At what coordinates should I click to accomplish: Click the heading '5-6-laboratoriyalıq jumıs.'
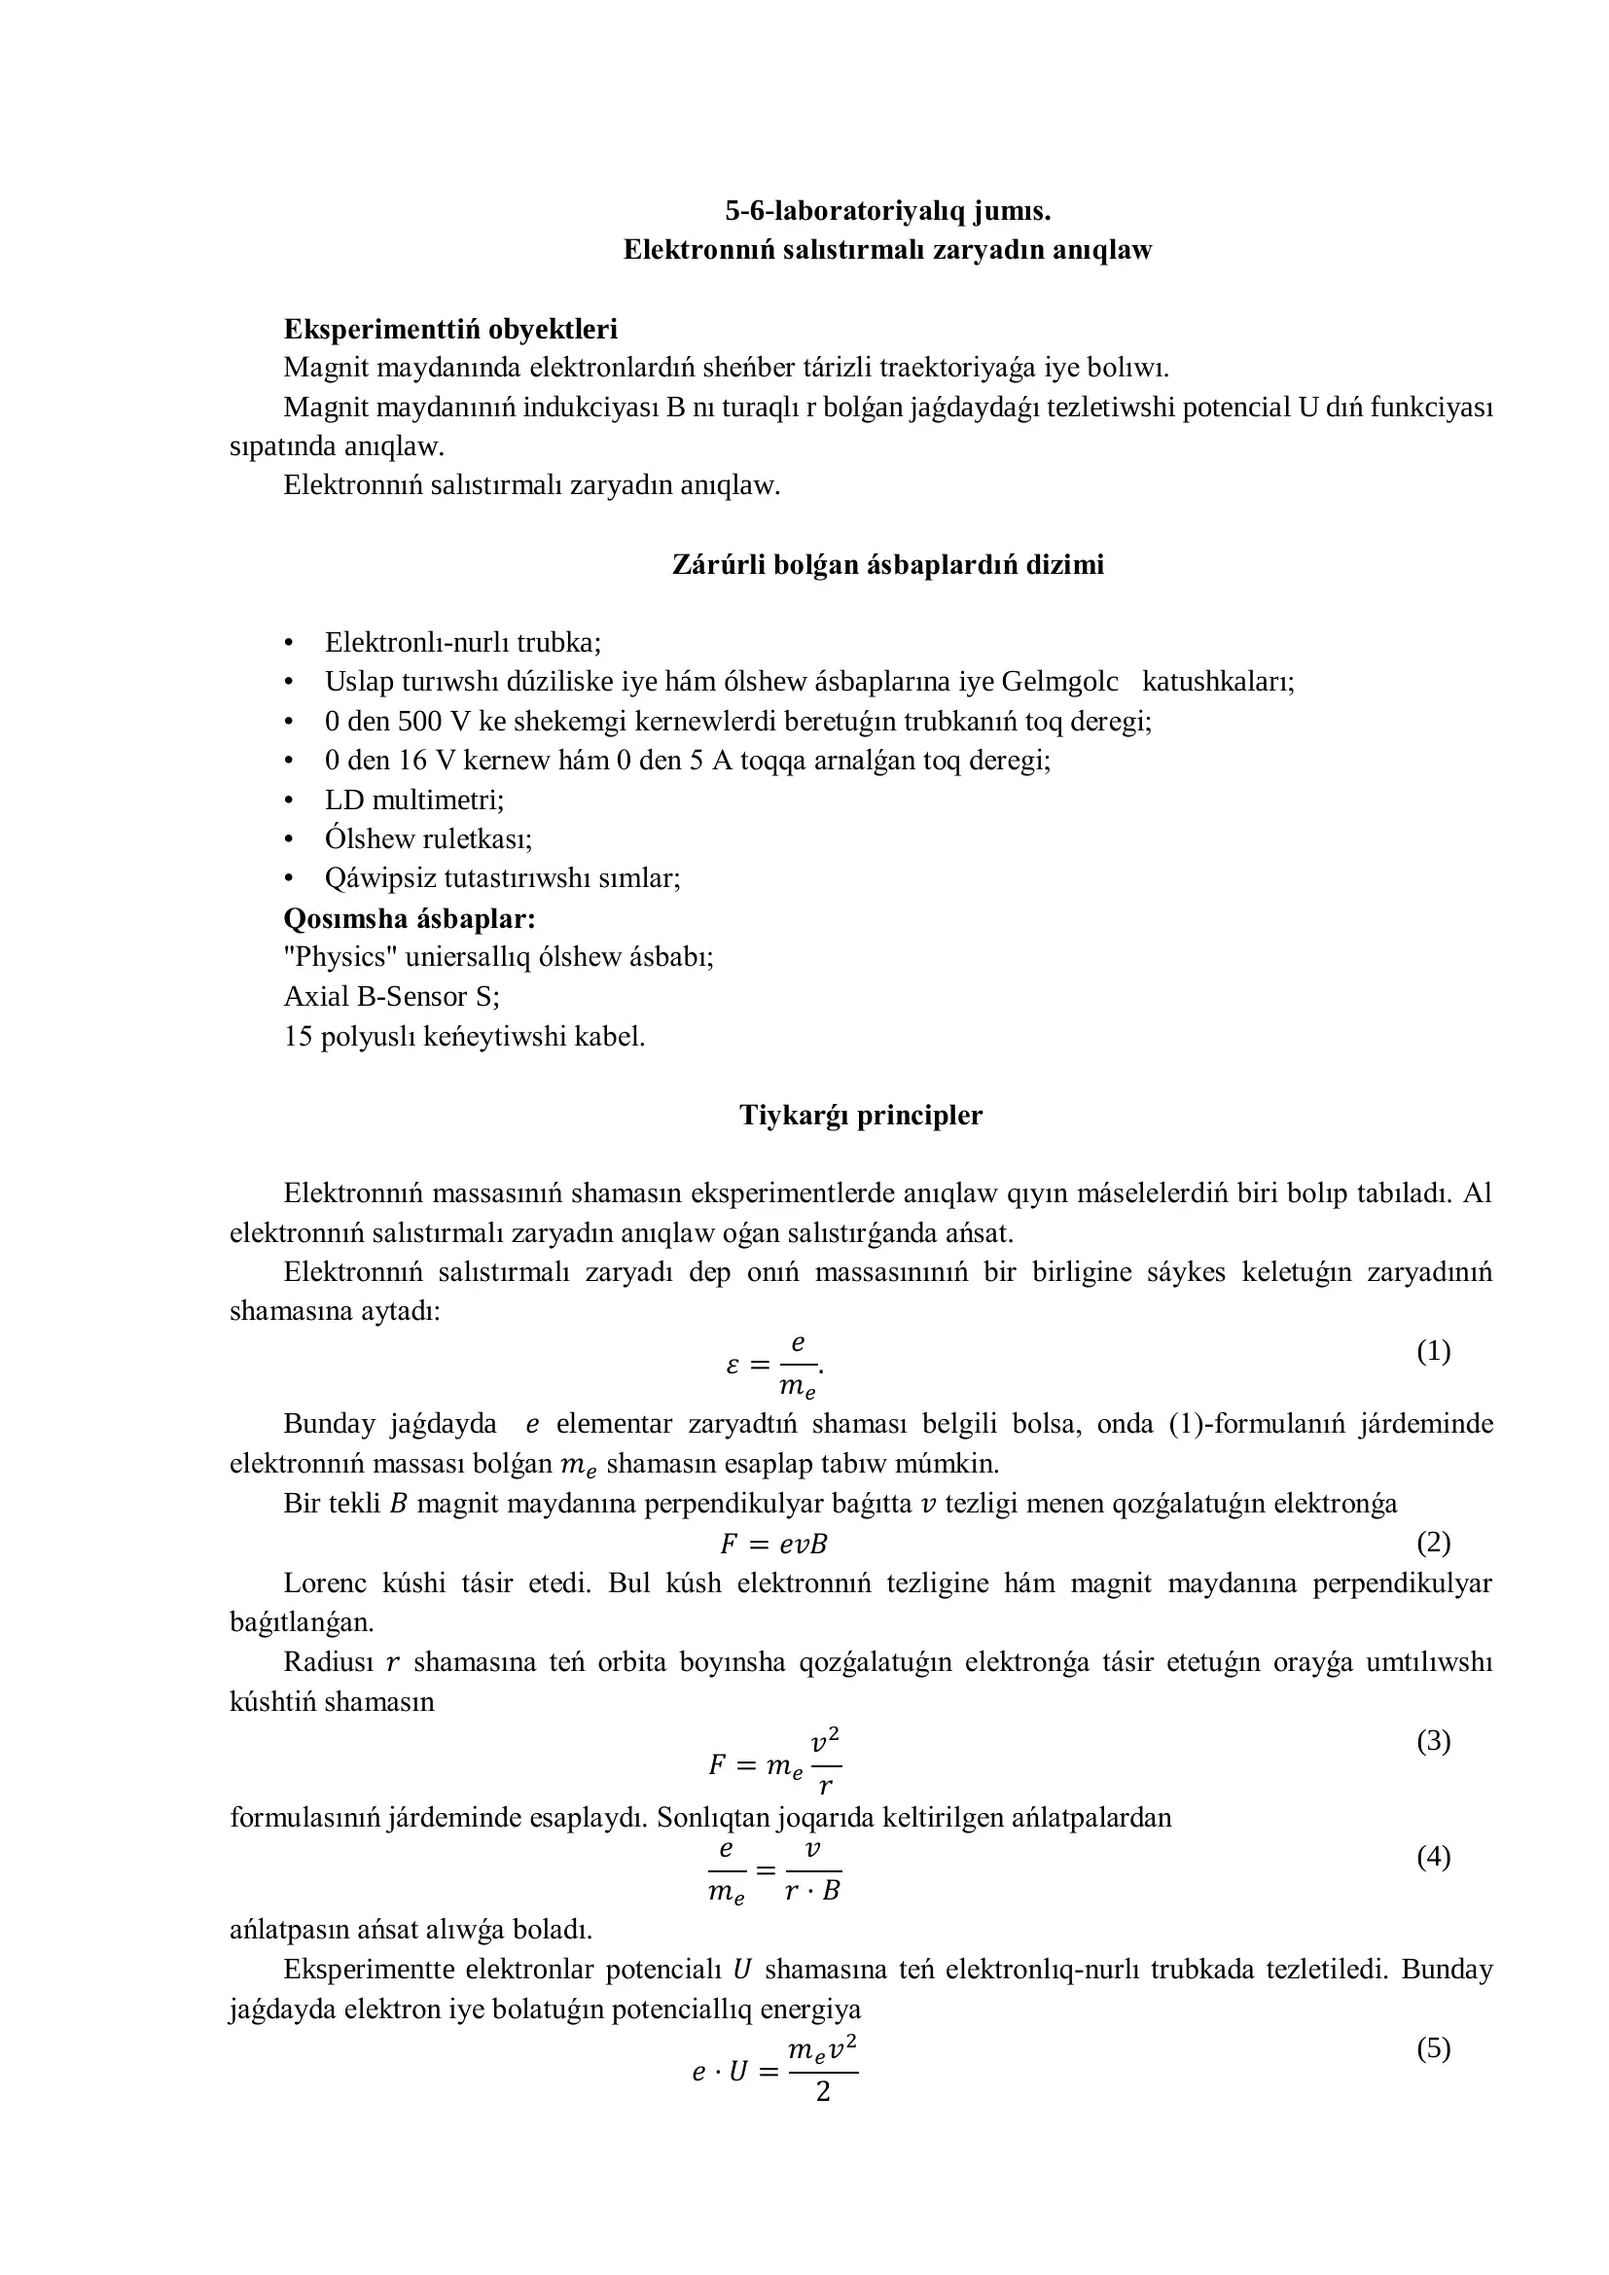pyautogui.click(x=887, y=211)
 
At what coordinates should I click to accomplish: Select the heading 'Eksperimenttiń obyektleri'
pyautogui.click(x=450, y=329)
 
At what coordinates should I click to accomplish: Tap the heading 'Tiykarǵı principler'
pyautogui.click(x=860, y=1116)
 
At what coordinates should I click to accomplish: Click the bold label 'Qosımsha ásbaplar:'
pyautogui.click(x=410, y=918)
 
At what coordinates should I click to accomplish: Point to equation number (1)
pyautogui.click(x=1433, y=1351)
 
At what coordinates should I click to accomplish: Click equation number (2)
pyautogui.click(x=1433, y=1542)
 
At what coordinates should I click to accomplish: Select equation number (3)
pyautogui.click(x=1433, y=1740)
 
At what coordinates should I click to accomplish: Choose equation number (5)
pyautogui.click(x=1433, y=2047)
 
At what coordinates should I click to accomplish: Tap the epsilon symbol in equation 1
pyautogui.click(x=733, y=1366)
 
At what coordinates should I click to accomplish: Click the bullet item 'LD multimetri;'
pyautogui.click(x=414, y=800)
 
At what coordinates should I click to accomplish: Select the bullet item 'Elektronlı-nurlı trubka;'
pyautogui.click(x=463, y=643)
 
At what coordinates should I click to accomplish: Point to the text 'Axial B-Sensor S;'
pyautogui.click(x=391, y=997)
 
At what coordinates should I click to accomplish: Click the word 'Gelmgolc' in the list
pyautogui.click(x=1059, y=682)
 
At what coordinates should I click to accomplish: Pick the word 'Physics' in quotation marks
pyautogui.click(x=340, y=957)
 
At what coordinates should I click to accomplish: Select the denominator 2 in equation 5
pyautogui.click(x=822, y=2092)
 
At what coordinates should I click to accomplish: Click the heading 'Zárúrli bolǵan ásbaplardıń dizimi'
pyautogui.click(x=887, y=565)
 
